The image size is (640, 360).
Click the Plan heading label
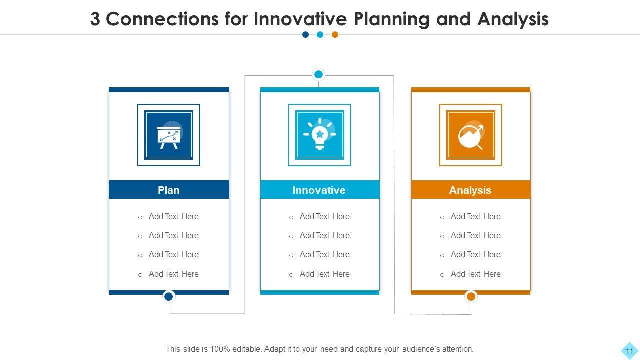pyautogui.click(x=169, y=190)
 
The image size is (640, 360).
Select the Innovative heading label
pyautogui.click(x=319, y=190)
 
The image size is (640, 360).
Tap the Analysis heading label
pyautogui.click(x=470, y=190)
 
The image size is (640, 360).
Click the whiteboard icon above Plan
pyautogui.click(x=169, y=135)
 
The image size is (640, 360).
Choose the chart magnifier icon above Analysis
pyautogui.click(x=471, y=135)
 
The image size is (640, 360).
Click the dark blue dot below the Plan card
pyautogui.click(x=169, y=296)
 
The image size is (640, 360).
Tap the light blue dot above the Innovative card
pyautogui.click(x=318, y=75)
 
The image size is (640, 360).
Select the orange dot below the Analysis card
pyautogui.click(x=471, y=296)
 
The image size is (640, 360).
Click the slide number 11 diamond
pyautogui.click(x=629, y=351)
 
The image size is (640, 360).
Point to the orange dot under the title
pyautogui.click(x=335, y=35)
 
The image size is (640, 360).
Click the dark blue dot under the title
pyautogui.click(x=305, y=35)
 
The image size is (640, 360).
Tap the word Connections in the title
pyautogui.click(x=162, y=19)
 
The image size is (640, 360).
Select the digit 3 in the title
pyautogui.click(x=95, y=19)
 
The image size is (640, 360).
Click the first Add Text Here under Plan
pyautogui.click(x=173, y=217)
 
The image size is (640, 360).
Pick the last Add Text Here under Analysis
pyautogui.click(x=475, y=274)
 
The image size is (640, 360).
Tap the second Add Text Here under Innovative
pyautogui.click(x=324, y=236)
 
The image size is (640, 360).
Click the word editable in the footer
pyautogui.click(x=242, y=349)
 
